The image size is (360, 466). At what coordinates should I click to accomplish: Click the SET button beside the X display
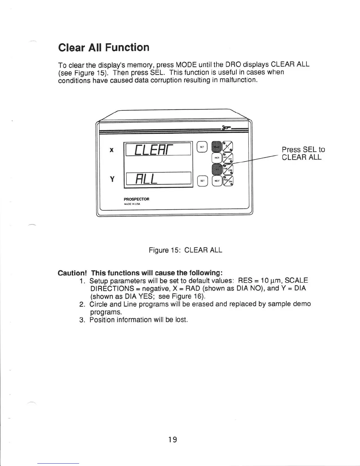pos(202,147)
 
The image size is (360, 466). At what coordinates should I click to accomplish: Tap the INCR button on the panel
pos(216,158)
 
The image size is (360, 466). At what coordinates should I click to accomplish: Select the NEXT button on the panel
pos(217,181)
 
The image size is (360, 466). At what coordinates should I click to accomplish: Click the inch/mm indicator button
pos(228,158)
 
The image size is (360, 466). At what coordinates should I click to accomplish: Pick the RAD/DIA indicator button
pos(228,181)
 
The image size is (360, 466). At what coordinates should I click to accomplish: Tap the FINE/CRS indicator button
pos(228,169)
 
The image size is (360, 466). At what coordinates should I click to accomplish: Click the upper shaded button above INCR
pos(217,146)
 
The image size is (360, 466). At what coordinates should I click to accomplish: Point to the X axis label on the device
pos(111,150)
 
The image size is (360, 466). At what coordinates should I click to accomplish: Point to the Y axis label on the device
pos(112,179)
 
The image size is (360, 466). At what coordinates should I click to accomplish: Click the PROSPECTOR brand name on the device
pos(136,199)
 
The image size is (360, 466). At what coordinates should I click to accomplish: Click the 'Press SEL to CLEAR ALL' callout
pos(303,153)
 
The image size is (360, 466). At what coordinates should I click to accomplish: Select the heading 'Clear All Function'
pos(104,47)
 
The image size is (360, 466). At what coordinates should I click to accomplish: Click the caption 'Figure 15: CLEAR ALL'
pos(185,250)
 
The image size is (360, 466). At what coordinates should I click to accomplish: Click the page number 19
pos(173,440)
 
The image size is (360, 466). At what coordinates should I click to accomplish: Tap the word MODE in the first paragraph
pos(186,64)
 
